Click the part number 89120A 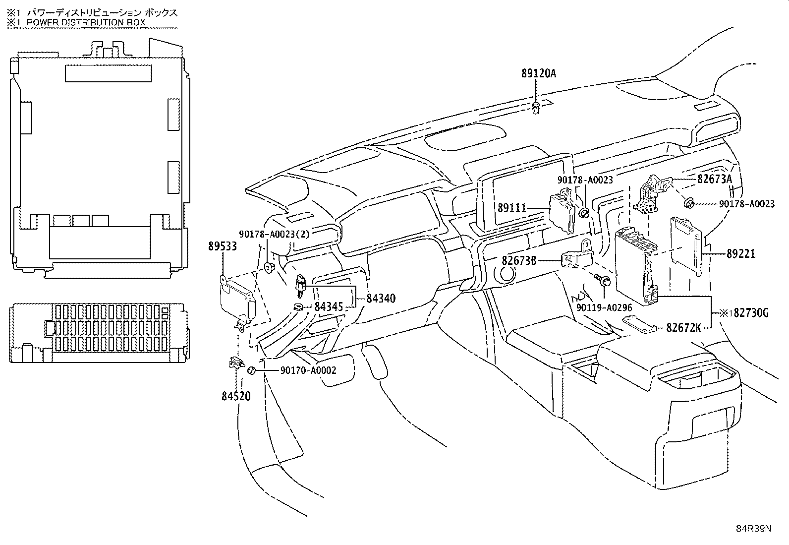539,73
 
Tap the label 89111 512,208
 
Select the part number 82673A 714,179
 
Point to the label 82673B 519,260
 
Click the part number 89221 741,253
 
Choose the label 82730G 751,313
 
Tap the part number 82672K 683,328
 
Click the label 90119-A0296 604,308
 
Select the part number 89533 222,246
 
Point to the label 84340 381,298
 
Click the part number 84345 329,306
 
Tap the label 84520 236,396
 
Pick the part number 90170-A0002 308,370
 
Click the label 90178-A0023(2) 275,234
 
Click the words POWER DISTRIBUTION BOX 86,22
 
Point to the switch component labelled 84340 301,285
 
